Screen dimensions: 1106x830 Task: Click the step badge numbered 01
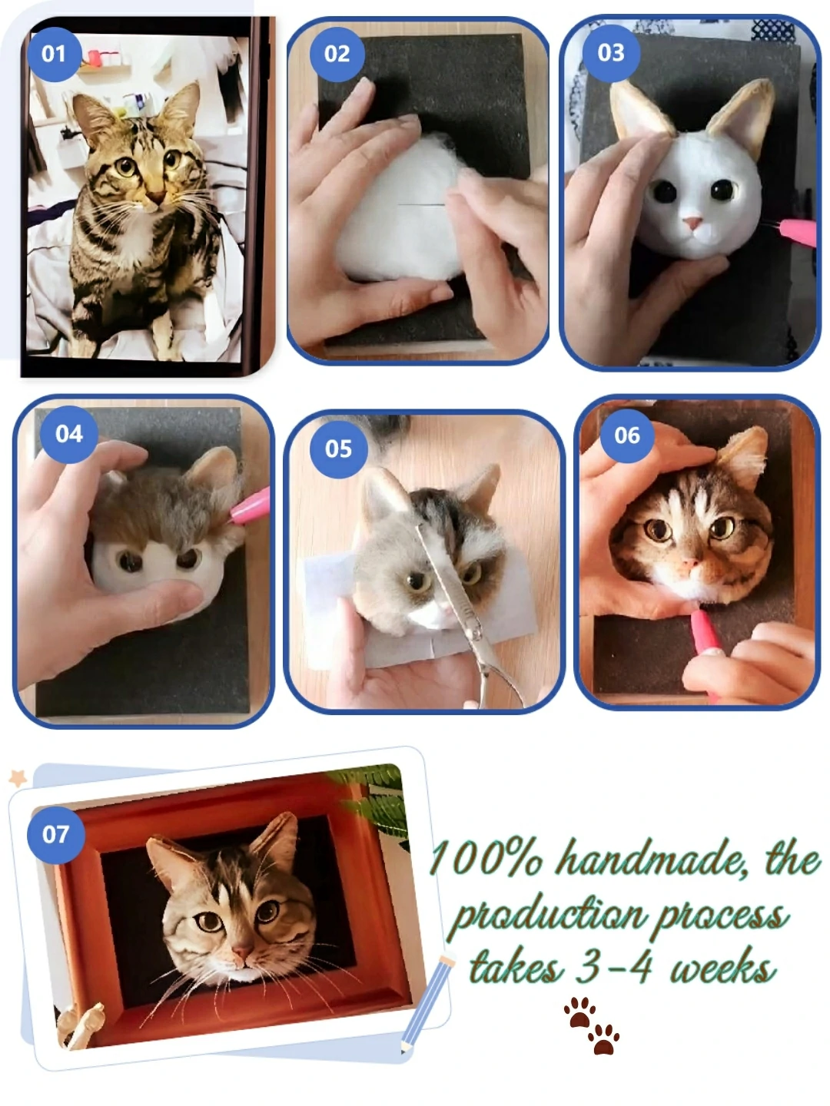[x=53, y=53]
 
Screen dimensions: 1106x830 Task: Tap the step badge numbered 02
[x=337, y=53]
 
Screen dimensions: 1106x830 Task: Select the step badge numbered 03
[x=611, y=52]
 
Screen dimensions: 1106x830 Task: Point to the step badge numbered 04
[x=69, y=433]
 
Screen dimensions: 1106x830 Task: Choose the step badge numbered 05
[x=338, y=449]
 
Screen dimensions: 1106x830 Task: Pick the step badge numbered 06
[x=627, y=435]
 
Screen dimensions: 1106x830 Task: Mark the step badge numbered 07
[x=55, y=834]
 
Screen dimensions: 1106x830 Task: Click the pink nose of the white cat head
[x=694, y=224]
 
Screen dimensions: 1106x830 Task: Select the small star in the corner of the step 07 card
[x=17, y=778]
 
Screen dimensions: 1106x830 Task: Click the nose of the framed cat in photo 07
[x=242, y=952]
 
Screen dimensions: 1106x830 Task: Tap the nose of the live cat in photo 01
[x=154, y=198]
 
